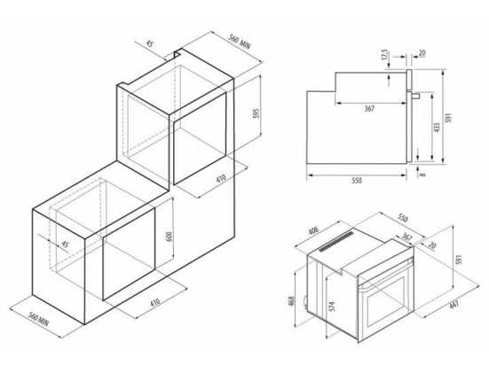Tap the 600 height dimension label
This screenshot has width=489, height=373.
coord(170,238)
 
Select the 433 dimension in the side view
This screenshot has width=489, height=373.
coord(437,128)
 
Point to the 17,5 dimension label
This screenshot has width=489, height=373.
coord(385,54)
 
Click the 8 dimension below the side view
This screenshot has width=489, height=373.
coord(422,175)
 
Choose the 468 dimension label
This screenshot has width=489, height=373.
coord(292,301)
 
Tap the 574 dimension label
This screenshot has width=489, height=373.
coord(332,307)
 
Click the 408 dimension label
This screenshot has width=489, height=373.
coord(313,230)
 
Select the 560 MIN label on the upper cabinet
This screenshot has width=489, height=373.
coord(240,42)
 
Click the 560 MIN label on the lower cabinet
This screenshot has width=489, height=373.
coord(39,320)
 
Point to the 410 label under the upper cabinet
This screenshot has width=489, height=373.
coord(220,178)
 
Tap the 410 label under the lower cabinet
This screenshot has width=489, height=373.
coord(155,302)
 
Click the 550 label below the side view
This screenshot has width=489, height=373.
coord(356,181)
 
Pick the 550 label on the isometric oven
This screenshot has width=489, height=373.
coord(402,219)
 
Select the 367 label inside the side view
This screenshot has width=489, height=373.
coord(369,108)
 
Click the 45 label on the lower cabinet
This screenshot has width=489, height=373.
coord(65,245)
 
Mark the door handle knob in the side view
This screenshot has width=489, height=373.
coord(415,96)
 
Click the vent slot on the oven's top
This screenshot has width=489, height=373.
coord(336,241)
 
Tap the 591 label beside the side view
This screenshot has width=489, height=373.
coord(449,118)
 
